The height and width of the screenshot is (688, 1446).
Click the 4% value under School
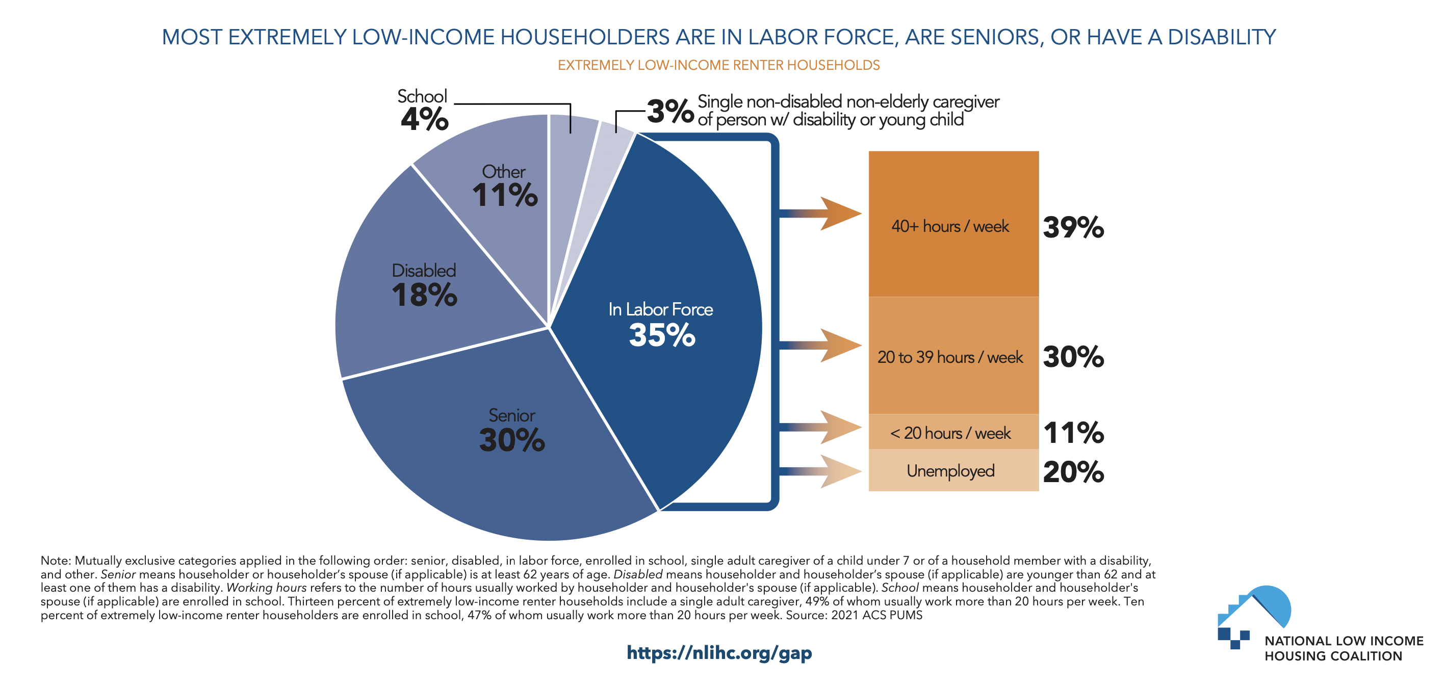click(x=424, y=119)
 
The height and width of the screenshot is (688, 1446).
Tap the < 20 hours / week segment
click(x=953, y=432)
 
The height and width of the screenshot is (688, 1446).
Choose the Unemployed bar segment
click(x=953, y=470)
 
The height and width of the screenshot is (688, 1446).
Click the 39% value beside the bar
click(x=1073, y=227)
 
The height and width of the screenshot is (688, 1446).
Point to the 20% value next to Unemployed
click(x=1073, y=471)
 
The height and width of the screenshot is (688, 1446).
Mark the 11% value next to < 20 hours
click(x=1073, y=433)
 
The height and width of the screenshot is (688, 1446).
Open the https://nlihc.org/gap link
click(x=718, y=653)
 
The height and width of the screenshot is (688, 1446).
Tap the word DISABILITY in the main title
click(x=1222, y=37)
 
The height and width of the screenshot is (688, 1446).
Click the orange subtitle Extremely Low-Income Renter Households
click(x=718, y=65)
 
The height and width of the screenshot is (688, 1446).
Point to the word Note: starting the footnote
click(x=56, y=561)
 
